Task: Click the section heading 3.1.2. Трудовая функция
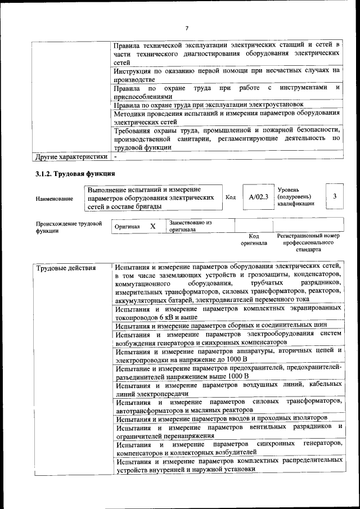[x=75, y=174]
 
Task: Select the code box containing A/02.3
[x=259, y=197]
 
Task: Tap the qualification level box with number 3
[x=335, y=196]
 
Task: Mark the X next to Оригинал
[x=152, y=226]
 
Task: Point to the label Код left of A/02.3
[x=231, y=197]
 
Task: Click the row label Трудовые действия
[x=66, y=267]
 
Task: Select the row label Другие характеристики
[x=71, y=156]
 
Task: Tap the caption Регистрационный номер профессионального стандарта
[x=308, y=242]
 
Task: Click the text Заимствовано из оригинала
[x=190, y=226]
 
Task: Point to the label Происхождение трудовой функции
[x=69, y=227]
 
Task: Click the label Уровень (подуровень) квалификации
[x=295, y=197]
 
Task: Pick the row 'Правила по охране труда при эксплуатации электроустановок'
[x=209, y=104]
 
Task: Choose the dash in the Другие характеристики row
[x=115, y=156]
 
